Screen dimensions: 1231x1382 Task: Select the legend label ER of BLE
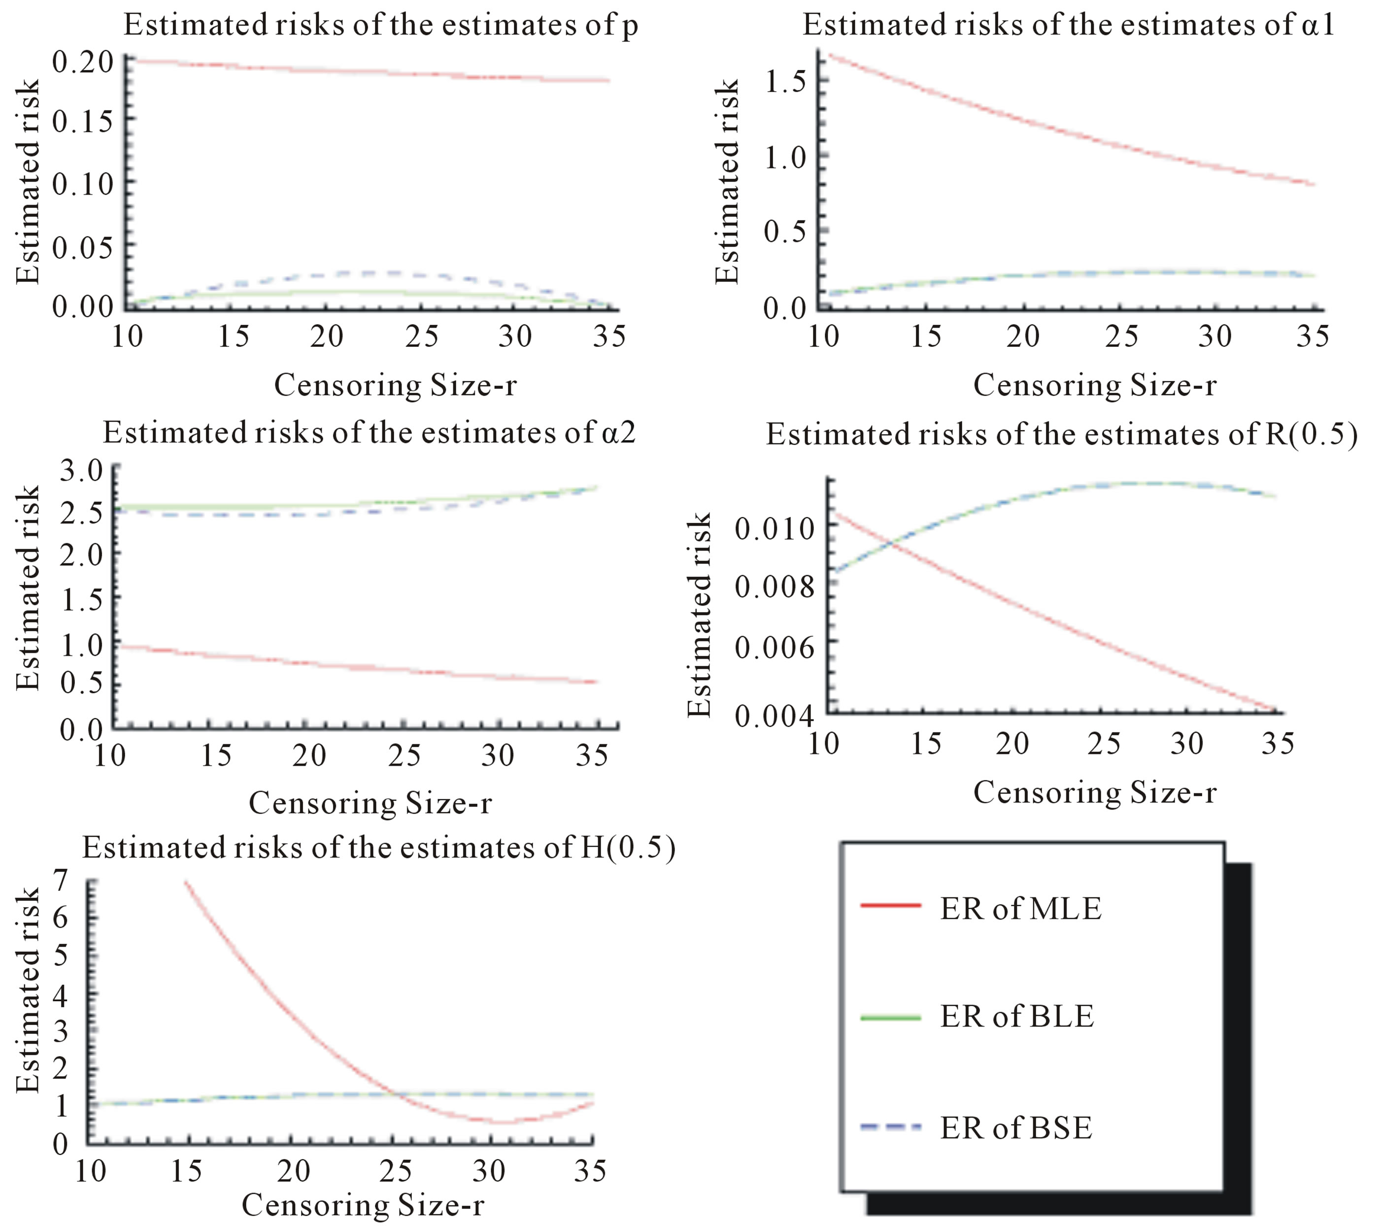(x=1016, y=1016)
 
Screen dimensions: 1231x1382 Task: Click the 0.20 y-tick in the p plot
(x=82, y=62)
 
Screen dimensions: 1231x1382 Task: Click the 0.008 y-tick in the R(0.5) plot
(x=774, y=586)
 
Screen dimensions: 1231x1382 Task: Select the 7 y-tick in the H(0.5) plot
(x=62, y=881)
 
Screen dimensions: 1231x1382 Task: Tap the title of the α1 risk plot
(x=1068, y=25)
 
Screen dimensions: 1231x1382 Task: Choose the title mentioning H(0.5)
(x=378, y=848)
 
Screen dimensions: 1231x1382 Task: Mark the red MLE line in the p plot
(x=372, y=71)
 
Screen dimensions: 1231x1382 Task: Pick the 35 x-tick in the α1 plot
(x=1312, y=336)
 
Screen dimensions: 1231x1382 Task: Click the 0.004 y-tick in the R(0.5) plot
(x=774, y=716)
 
